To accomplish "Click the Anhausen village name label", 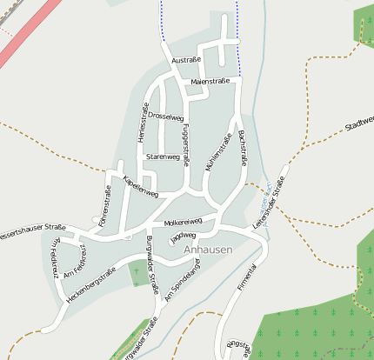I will coord(208,250).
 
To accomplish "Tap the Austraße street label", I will coord(186,60).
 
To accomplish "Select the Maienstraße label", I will coord(209,81).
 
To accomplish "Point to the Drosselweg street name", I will coord(165,116).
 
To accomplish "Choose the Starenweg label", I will coord(163,157).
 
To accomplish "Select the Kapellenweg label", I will coord(141,186).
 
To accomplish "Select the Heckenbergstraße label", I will coord(90,286).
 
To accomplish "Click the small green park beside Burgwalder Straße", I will coord(139,273).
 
